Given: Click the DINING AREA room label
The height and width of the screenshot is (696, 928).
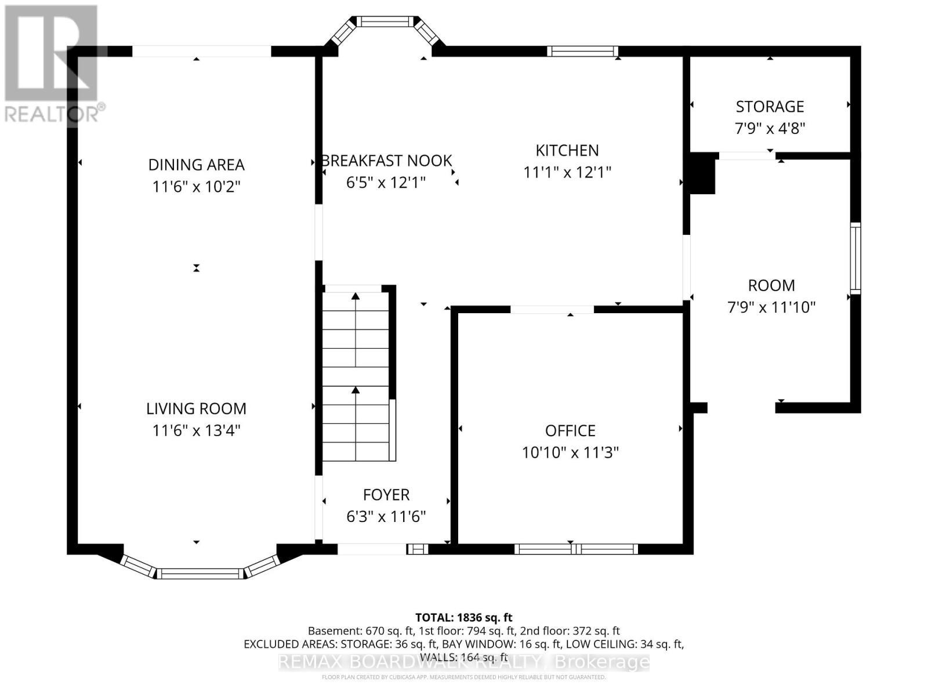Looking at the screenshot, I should coord(196,165).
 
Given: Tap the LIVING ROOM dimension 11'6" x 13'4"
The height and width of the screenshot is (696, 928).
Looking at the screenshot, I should coord(196,430).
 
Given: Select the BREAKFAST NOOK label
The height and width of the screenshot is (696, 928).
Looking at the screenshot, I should coord(387,161).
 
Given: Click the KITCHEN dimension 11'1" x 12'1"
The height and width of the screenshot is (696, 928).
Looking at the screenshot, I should coord(567,172).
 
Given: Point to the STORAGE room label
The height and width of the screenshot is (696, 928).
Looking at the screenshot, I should coord(770,107).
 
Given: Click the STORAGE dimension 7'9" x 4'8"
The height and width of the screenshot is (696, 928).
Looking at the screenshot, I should coord(770,128).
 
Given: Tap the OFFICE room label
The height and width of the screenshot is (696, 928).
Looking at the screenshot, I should coord(570,430).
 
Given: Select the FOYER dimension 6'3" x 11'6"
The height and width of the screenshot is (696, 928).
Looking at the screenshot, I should coord(386,516).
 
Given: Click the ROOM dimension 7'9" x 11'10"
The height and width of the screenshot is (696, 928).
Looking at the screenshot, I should coord(771,307).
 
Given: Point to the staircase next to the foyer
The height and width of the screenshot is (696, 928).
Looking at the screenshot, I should coord(356,374).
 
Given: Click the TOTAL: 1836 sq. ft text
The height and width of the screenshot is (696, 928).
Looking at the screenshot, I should coord(463,618).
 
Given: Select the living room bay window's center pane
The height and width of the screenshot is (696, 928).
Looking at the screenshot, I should coord(200,574).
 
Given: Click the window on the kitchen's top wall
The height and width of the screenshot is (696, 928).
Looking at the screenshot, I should coord(582,51).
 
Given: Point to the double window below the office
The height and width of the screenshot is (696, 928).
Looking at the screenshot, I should coord(575,549).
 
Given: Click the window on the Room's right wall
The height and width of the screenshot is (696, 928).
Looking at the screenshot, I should coord(855,258).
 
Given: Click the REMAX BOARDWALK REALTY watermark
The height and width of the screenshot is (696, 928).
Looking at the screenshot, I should coord(463,662).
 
